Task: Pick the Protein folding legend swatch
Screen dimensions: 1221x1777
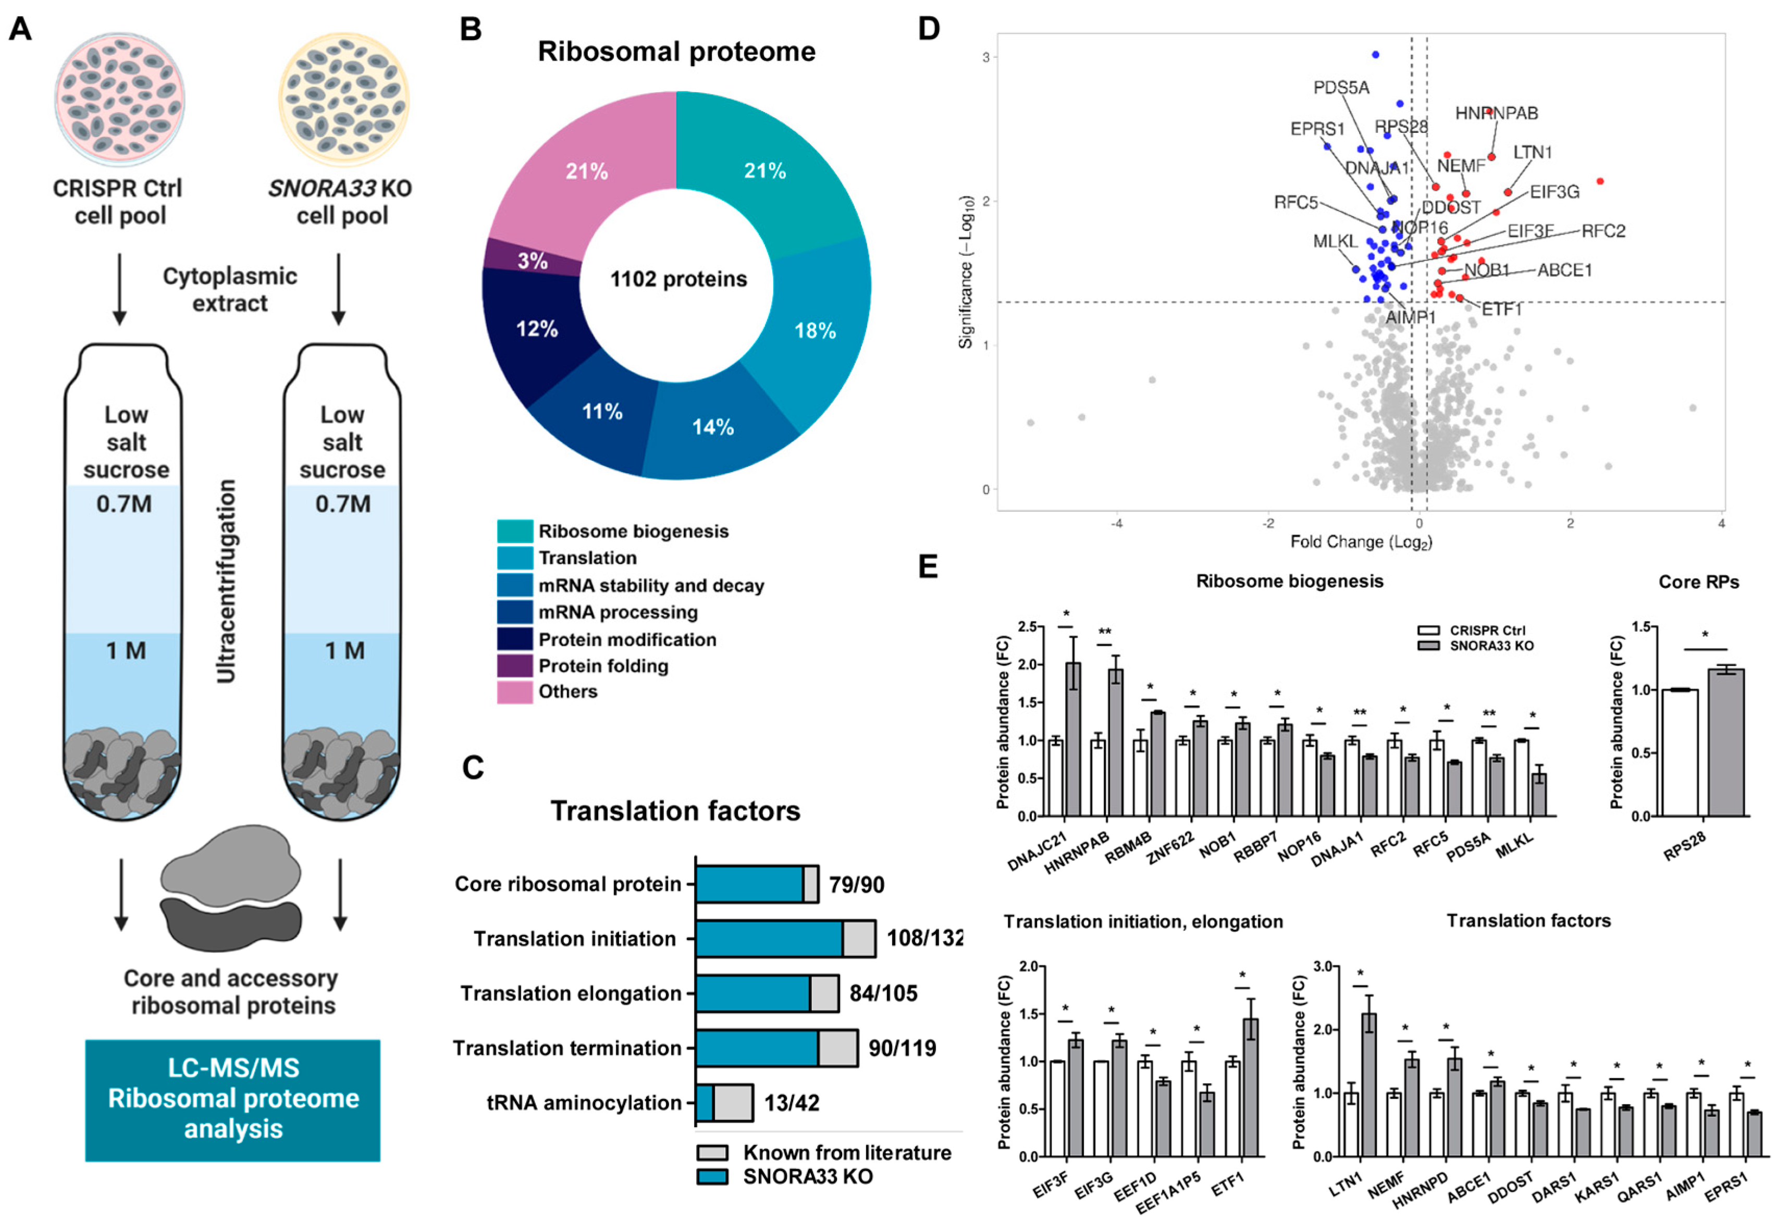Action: coord(514,665)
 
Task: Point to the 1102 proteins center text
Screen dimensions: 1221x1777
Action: coord(678,279)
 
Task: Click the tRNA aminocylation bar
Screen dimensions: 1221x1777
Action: coord(724,1102)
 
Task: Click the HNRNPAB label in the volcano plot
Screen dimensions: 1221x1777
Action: coord(1496,113)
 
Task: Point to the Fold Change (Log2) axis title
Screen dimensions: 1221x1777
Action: coord(1361,542)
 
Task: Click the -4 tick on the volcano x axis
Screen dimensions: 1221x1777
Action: coord(1116,524)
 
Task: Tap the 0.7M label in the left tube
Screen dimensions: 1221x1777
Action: coord(124,504)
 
